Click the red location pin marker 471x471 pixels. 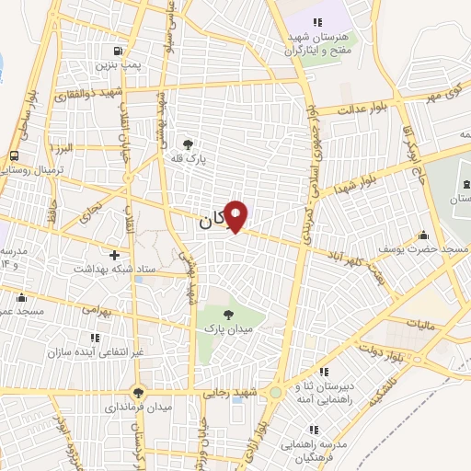[x=235, y=215]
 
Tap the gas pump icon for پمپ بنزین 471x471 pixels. [x=117, y=52]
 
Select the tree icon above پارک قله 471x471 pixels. [x=189, y=145]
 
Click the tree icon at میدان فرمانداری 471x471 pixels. [x=138, y=392]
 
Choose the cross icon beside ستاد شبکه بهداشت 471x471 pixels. [x=114, y=254]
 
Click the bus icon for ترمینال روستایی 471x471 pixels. [x=14, y=155]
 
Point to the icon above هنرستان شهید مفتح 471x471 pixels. [x=316, y=22]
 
